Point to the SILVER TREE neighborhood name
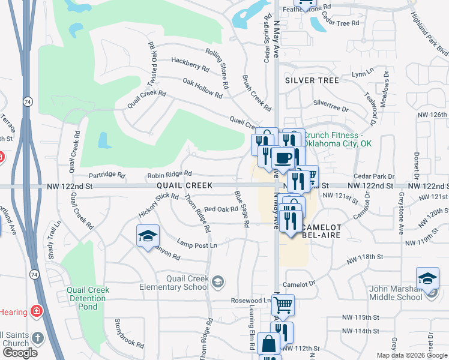pyautogui.click(x=312, y=80)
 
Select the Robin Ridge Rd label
pyautogui.click(x=169, y=174)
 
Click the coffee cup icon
pyautogui.click(x=283, y=158)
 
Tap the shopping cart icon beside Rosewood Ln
pyautogui.click(x=283, y=305)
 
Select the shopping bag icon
pyautogui.click(x=269, y=344)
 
